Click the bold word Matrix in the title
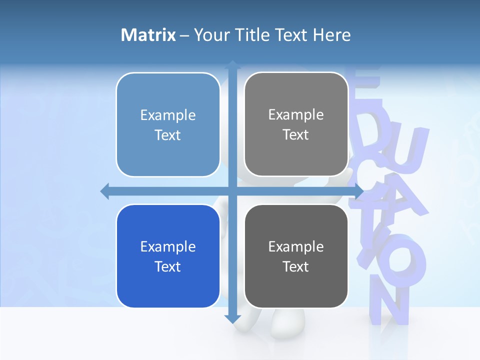pos(148,35)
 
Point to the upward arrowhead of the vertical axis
pos(232,65)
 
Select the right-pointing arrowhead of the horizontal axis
pos(358,191)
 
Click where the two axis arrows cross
pos(232,191)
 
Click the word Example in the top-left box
pos(168,115)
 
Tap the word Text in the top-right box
pos(296,135)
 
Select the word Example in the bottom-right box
pos(296,246)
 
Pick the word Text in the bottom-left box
pos(168,266)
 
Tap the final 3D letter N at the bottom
pos(390,305)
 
